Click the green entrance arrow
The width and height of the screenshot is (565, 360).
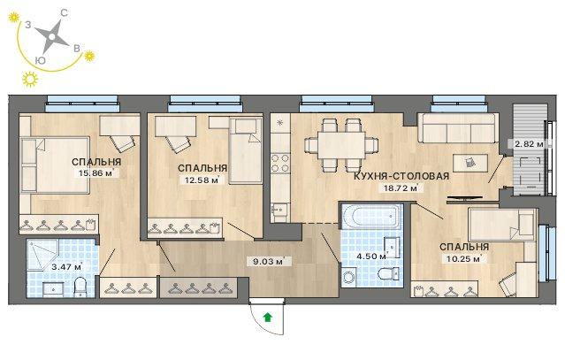[268, 318]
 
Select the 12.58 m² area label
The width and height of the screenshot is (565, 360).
[202, 180]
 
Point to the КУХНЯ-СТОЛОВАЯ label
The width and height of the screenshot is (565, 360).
[401, 176]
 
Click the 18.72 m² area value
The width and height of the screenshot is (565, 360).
[401, 188]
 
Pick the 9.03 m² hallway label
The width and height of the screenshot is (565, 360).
[269, 261]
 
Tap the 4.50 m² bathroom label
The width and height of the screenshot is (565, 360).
[370, 257]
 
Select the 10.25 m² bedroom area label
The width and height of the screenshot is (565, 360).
[464, 258]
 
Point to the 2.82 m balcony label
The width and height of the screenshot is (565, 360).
[529, 144]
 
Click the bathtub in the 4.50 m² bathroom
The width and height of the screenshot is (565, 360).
[371, 216]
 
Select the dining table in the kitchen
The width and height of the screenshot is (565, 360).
[341, 144]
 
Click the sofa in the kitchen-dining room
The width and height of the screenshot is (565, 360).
[458, 128]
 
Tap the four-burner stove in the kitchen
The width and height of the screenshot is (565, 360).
[280, 164]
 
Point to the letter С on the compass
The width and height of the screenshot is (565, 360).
[64, 13]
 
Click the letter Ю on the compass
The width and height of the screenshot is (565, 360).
[41, 60]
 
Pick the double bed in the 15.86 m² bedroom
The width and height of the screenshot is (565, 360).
[55, 165]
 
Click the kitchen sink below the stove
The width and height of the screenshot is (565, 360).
[280, 209]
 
